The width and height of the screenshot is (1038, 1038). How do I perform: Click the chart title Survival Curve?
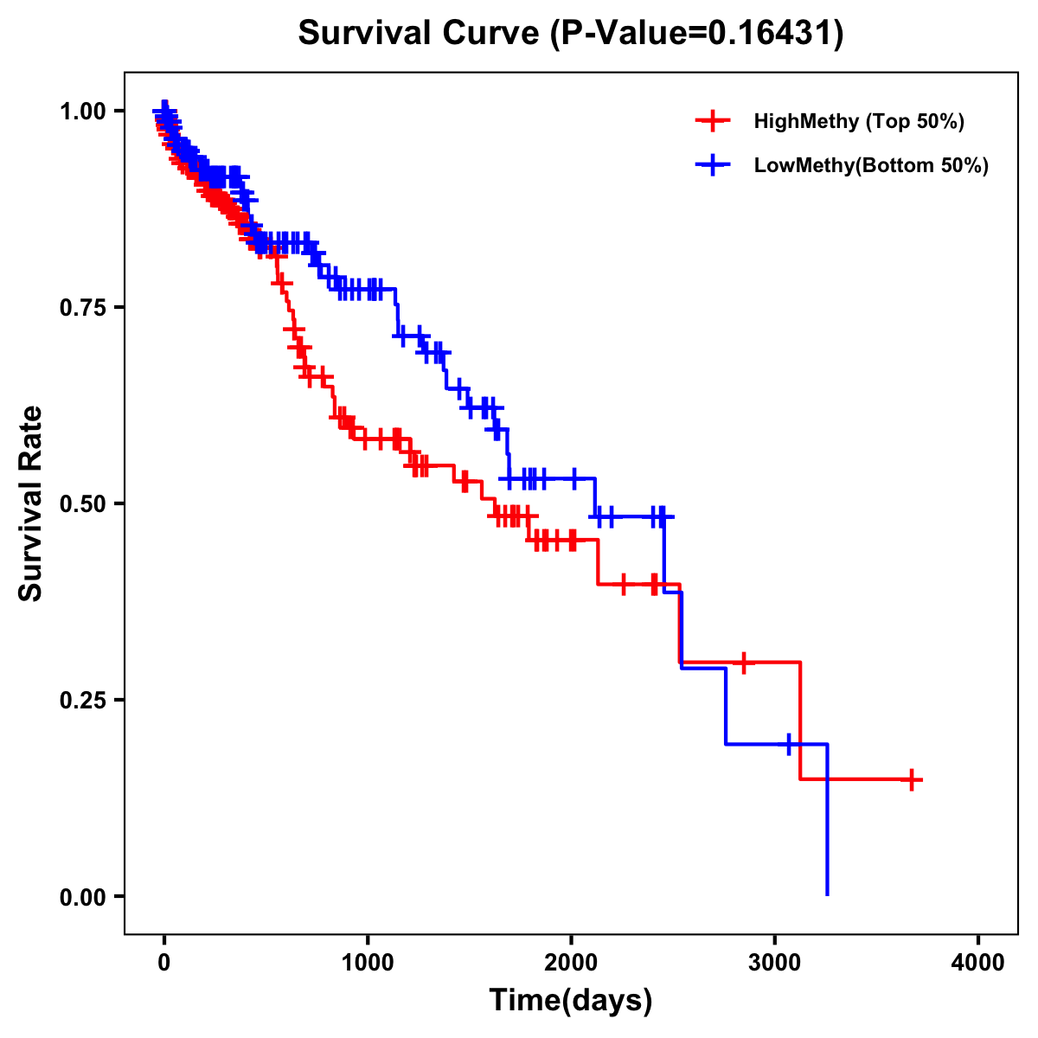click(570, 33)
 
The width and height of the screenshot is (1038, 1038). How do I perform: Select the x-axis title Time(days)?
click(570, 1000)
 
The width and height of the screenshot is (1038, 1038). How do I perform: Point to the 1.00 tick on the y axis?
click(82, 111)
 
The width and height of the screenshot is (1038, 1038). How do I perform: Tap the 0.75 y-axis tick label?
click(82, 307)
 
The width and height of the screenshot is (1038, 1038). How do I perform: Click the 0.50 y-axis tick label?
click(82, 503)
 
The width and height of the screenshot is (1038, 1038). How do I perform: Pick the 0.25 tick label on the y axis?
click(82, 700)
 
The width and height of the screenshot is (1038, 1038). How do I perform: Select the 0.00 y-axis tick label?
click(82, 896)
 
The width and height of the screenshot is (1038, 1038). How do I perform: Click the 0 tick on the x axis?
click(164, 963)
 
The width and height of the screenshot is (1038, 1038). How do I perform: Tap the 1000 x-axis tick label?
click(368, 963)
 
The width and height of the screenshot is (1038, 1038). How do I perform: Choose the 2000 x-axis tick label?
click(571, 963)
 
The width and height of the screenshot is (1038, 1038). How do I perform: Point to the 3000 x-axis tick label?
click(775, 963)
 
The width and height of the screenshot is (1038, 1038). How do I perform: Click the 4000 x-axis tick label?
click(978, 963)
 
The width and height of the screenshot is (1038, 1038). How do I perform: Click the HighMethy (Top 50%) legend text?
click(859, 121)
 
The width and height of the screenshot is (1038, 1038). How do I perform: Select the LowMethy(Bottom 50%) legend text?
click(871, 165)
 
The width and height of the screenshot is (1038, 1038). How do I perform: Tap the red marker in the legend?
click(713, 121)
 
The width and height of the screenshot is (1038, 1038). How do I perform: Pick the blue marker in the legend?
click(713, 165)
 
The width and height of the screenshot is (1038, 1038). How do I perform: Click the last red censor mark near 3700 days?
click(911, 779)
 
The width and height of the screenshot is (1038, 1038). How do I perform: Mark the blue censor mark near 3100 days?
click(789, 744)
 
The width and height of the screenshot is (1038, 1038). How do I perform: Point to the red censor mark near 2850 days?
click(743, 663)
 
